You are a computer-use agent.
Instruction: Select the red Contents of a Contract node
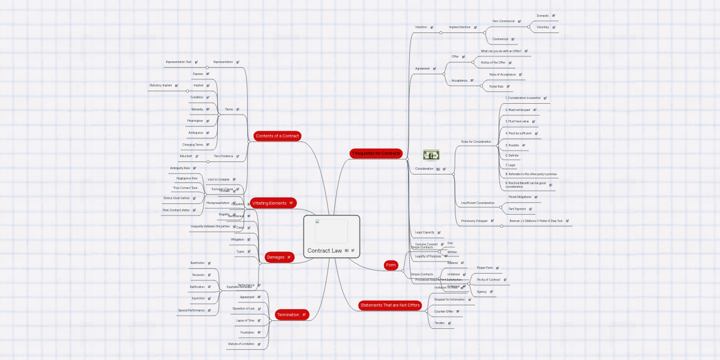(x=277, y=136)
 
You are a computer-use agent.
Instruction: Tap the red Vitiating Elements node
(x=269, y=203)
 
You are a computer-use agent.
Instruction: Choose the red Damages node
(x=276, y=257)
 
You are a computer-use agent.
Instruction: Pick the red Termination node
(x=288, y=314)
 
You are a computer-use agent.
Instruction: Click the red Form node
(x=391, y=265)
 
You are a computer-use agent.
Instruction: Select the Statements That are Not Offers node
(x=390, y=305)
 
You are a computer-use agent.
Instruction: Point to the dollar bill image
(x=431, y=155)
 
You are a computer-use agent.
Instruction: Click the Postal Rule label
(x=496, y=86)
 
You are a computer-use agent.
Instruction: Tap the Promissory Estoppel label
(x=474, y=221)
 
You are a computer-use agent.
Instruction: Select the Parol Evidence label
(x=223, y=156)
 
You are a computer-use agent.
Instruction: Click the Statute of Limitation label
(x=241, y=344)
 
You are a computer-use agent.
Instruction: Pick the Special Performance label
(x=191, y=310)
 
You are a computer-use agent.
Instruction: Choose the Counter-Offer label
(x=444, y=311)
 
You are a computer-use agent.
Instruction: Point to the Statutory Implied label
(x=160, y=85)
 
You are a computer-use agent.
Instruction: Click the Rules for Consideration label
(x=476, y=142)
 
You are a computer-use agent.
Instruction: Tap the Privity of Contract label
(x=488, y=280)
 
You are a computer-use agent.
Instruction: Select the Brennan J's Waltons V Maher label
(x=536, y=221)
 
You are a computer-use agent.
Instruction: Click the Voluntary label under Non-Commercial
(x=543, y=27)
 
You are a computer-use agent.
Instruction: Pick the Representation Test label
(x=179, y=62)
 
